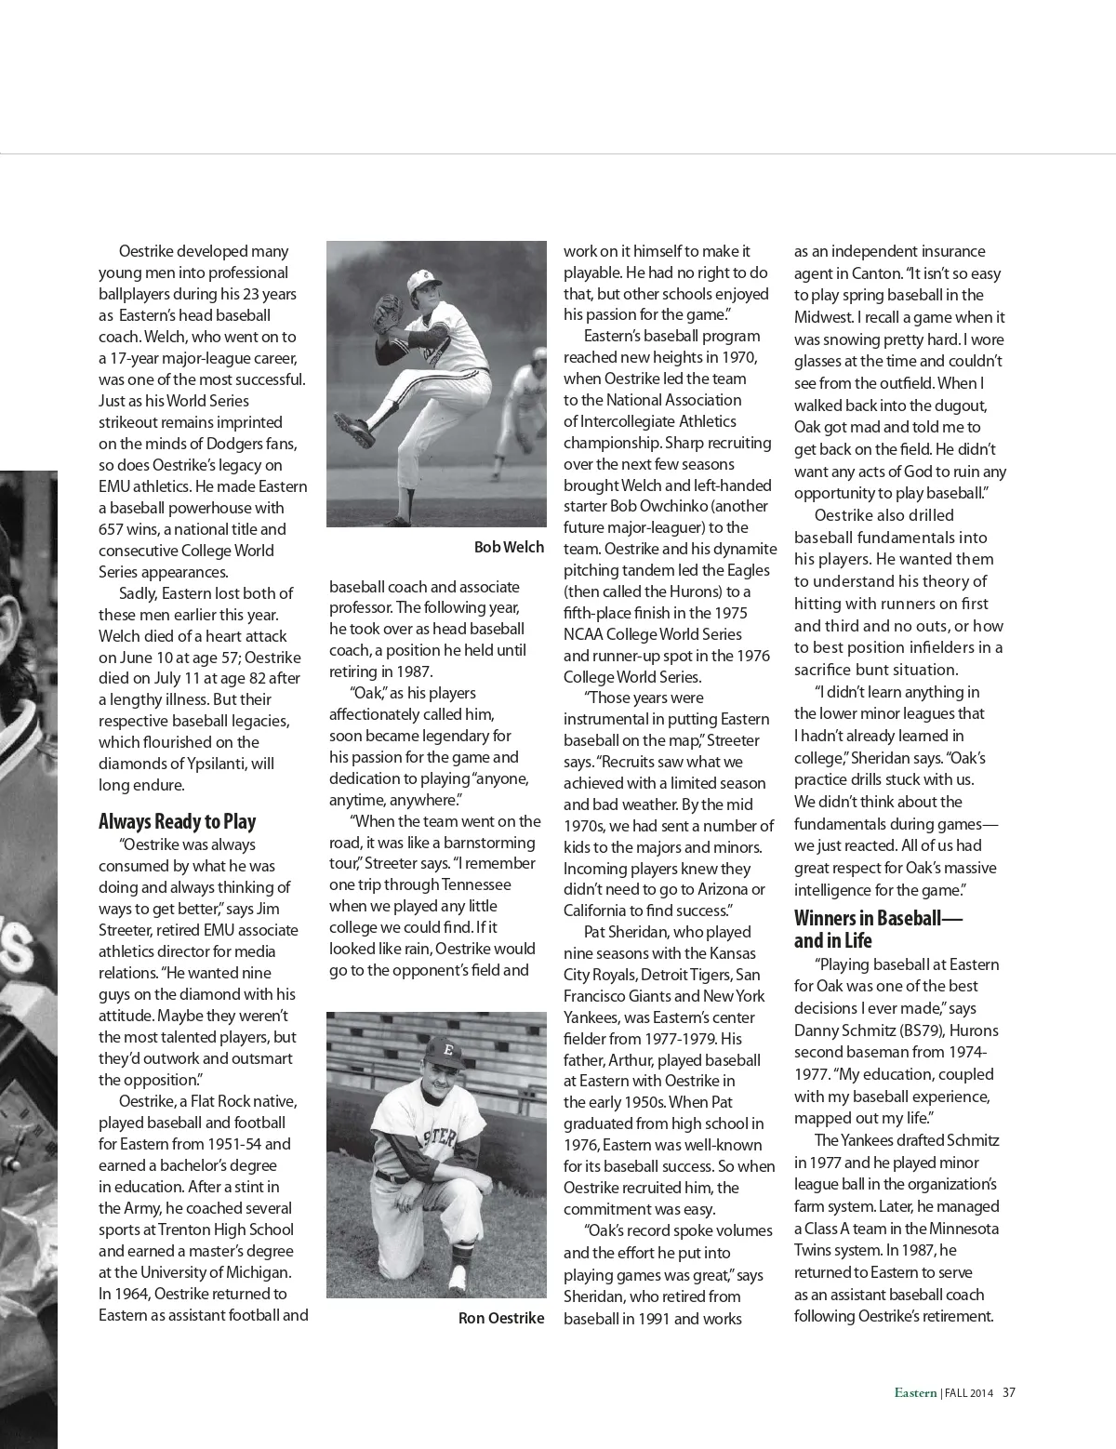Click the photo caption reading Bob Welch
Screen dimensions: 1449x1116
coord(509,547)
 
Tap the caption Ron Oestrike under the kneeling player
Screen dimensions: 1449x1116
coord(501,1318)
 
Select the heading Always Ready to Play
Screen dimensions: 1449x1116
coord(177,821)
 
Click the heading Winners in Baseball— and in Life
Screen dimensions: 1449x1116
coord(878,929)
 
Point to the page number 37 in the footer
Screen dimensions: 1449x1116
coord(1009,1393)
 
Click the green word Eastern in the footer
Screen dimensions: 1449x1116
coord(915,1393)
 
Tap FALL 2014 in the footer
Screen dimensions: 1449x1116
coord(969,1393)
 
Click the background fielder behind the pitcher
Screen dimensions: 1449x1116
coord(523,391)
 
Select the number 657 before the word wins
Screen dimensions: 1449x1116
coord(112,529)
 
